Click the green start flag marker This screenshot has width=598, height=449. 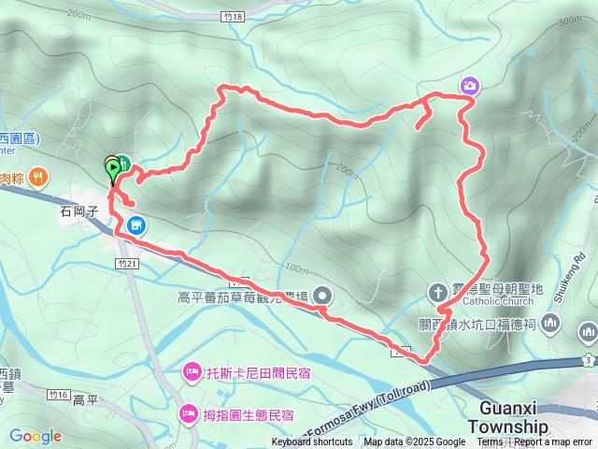tap(113, 169)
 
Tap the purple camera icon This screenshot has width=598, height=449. tap(470, 86)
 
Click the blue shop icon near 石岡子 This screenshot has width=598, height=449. tap(136, 224)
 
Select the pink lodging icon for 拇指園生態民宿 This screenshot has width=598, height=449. tap(188, 413)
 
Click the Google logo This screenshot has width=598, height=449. tap(35, 436)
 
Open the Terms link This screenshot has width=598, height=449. tap(490, 442)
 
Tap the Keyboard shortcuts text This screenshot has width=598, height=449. tap(312, 442)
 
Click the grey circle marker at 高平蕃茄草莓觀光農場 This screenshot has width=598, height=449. tap(323, 296)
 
